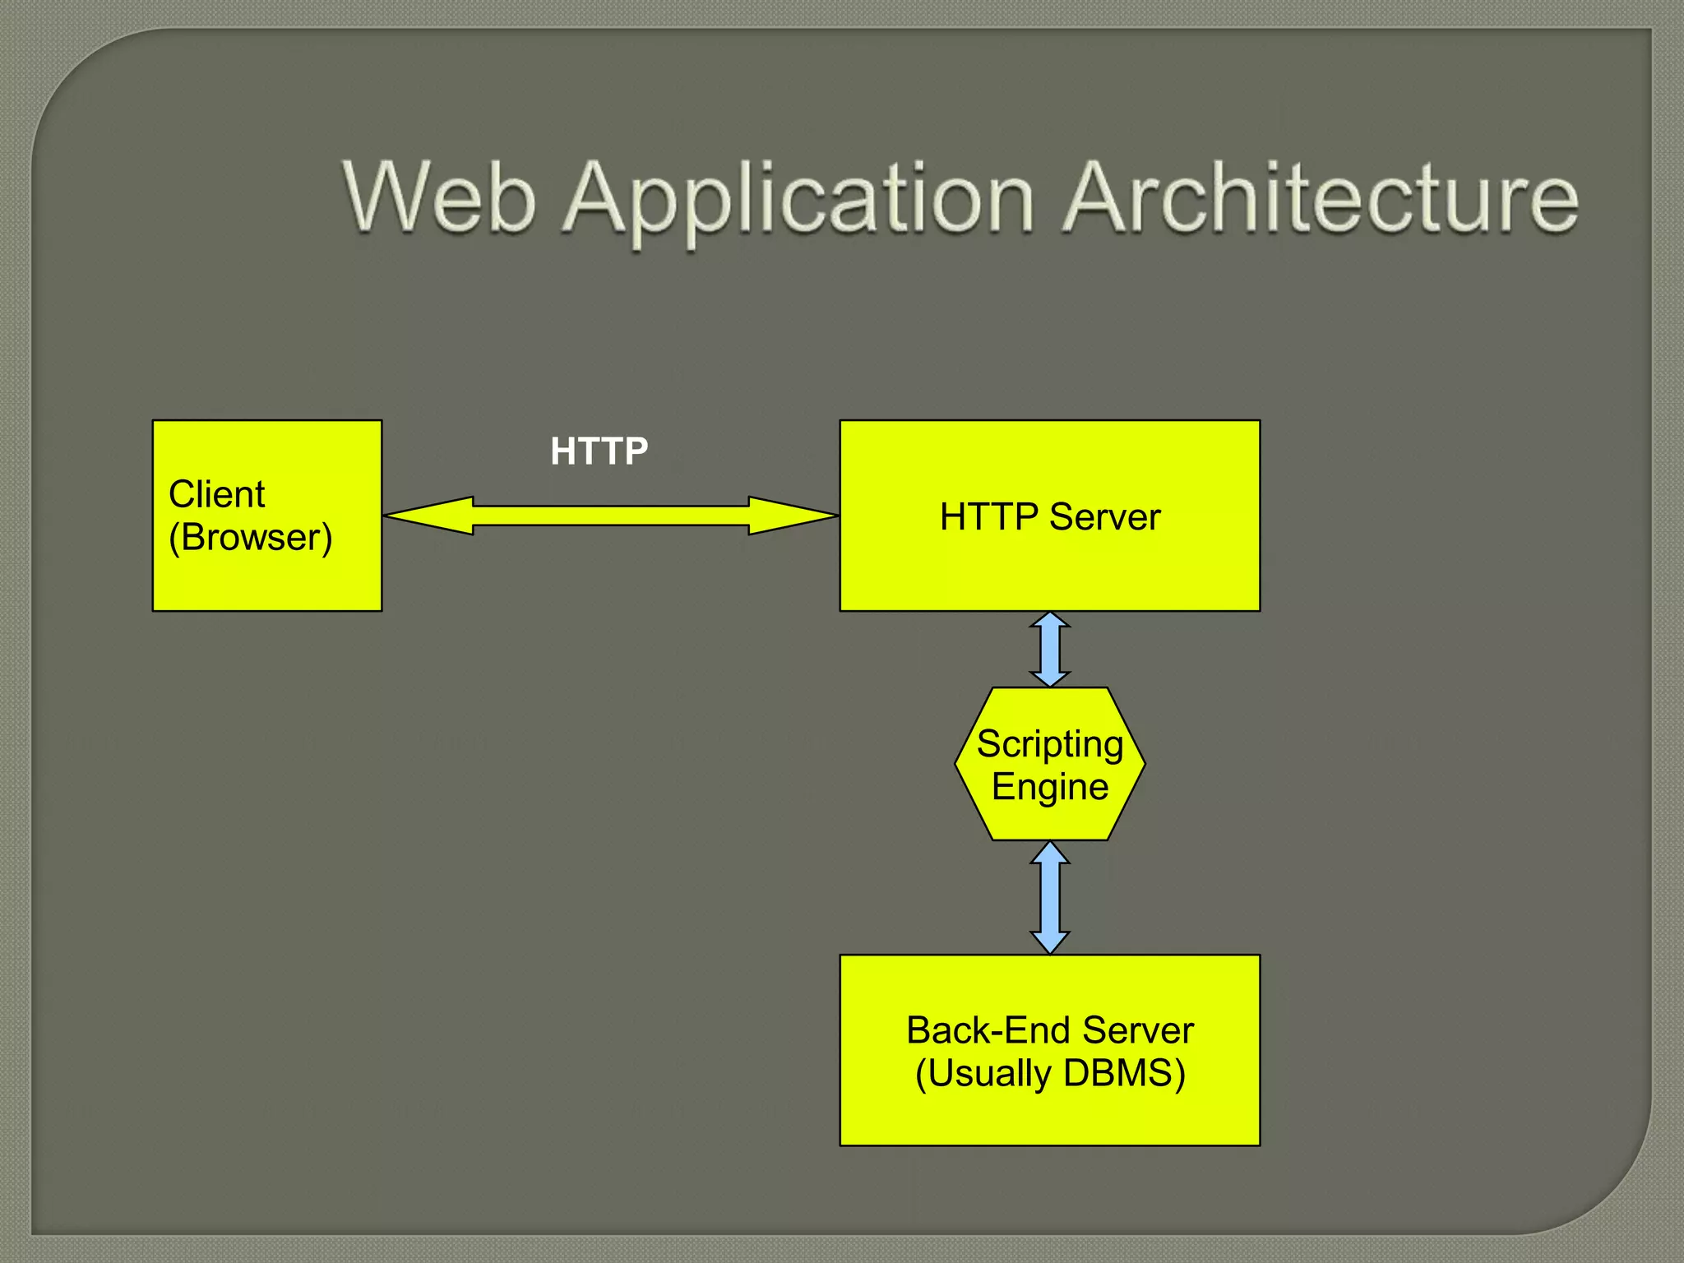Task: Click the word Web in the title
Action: pyautogui.click(x=440, y=197)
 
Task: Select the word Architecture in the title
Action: pyautogui.click(x=1320, y=197)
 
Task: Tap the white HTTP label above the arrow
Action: pyautogui.click(x=599, y=451)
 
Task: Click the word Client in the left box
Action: pyautogui.click(x=216, y=494)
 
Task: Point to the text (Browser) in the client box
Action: pyautogui.click(x=250, y=538)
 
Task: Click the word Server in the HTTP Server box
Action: pyautogui.click(x=1104, y=517)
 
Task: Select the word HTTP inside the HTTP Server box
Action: pyautogui.click(x=989, y=517)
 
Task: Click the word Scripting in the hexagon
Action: pyautogui.click(x=1049, y=744)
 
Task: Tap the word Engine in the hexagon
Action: pyautogui.click(x=1049, y=787)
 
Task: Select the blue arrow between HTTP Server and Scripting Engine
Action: pyautogui.click(x=1050, y=650)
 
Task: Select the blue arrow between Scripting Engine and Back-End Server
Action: pyautogui.click(x=1050, y=897)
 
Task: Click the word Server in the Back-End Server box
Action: pyautogui.click(x=1138, y=1030)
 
